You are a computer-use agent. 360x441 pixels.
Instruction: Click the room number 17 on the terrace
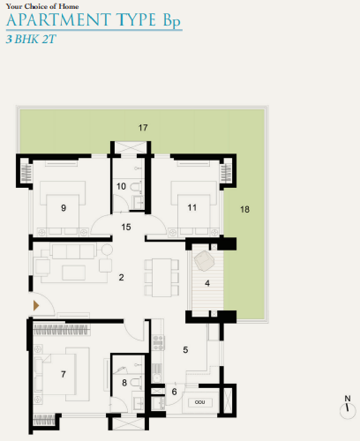point(143,128)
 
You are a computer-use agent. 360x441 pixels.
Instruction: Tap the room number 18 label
point(244,209)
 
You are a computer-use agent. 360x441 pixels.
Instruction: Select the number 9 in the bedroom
point(64,208)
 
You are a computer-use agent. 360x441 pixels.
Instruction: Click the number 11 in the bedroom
point(191,208)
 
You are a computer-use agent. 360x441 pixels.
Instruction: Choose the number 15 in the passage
point(126,228)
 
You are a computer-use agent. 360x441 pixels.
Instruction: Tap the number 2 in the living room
point(121,278)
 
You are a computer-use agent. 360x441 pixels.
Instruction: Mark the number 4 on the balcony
point(207,283)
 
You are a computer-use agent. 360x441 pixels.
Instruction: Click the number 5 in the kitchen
point(184,349)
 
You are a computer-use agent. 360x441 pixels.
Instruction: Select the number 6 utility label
point(174,391)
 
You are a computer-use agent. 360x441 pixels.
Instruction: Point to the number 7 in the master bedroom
point(64,375)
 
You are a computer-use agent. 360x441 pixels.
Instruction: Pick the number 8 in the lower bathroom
point(124,383)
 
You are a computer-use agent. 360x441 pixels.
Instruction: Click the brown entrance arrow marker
point(36,305)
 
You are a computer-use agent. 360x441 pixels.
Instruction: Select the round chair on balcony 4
point(204,261)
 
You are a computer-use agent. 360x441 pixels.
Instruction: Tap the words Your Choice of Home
point(35,5)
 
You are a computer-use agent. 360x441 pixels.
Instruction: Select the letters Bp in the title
point(171,21)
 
